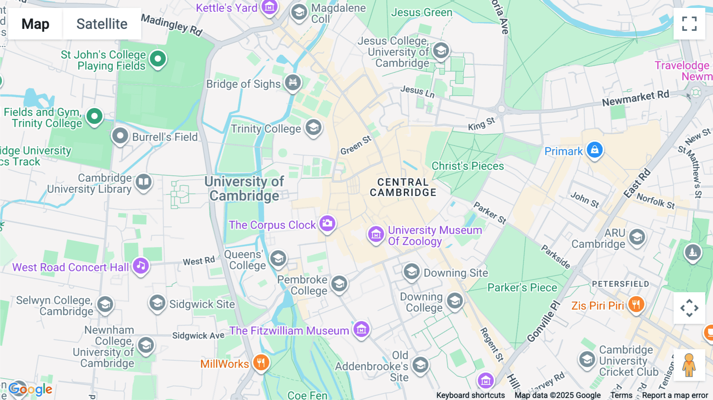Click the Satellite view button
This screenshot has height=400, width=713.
tap(102, 24)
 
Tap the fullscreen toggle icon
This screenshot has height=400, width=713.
tap(689, 24)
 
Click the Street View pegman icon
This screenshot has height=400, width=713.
tap(689, 365)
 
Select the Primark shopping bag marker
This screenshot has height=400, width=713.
tap(595, 150)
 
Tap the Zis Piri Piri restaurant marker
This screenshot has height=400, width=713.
tap(636, 305)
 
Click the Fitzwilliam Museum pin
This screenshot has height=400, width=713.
tap(361, 329)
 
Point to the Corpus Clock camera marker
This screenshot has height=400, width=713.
tap(327, 223)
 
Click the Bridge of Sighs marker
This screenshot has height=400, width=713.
tap(293, 82)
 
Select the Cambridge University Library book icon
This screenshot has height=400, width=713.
tap(143, 182)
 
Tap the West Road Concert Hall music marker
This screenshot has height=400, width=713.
tap(141, 266)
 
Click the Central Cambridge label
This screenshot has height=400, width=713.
tap(403, 187)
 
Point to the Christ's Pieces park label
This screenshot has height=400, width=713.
tap(467, 166)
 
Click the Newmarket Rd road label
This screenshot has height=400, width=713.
tap(635, 98)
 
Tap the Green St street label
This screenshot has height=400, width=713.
tap(356, 145)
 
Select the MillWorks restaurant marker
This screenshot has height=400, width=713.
tap(261, 362)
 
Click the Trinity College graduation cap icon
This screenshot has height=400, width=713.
tap(313, 128)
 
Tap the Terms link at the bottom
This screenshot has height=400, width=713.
tap(621, 395)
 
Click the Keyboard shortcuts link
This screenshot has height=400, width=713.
tap(470, 395)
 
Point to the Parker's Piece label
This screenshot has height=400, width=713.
tap(522, 288)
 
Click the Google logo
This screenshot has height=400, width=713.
tap(31, 389)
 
